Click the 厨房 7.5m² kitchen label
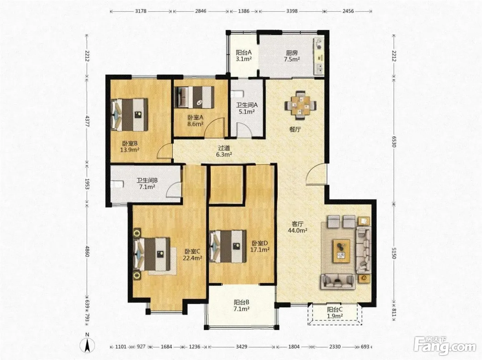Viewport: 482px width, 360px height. coord(292,56)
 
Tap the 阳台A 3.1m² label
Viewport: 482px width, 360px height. coord(243,56)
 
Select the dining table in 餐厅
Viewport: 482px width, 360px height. coord(301,105)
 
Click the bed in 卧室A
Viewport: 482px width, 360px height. coord(194,97)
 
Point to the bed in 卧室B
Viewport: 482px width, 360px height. coord(129,115)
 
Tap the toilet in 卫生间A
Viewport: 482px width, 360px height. coord(237,94)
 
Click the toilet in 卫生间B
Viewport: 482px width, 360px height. coord(117,184)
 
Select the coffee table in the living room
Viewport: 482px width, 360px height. coord(341,251)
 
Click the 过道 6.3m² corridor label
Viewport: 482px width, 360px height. coord(224,151)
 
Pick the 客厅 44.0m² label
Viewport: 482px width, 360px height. coord(297,227)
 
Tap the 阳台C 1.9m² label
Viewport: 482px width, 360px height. coord(335,313)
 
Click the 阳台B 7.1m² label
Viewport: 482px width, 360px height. coord(241,306)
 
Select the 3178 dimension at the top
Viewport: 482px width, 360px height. coord(140,11)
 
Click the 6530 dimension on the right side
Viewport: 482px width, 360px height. coord(394,142)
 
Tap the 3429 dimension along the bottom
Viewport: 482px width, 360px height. coord(242,347)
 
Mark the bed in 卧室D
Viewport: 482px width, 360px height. coord(228,246)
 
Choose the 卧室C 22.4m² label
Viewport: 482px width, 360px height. coord(192,255)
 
